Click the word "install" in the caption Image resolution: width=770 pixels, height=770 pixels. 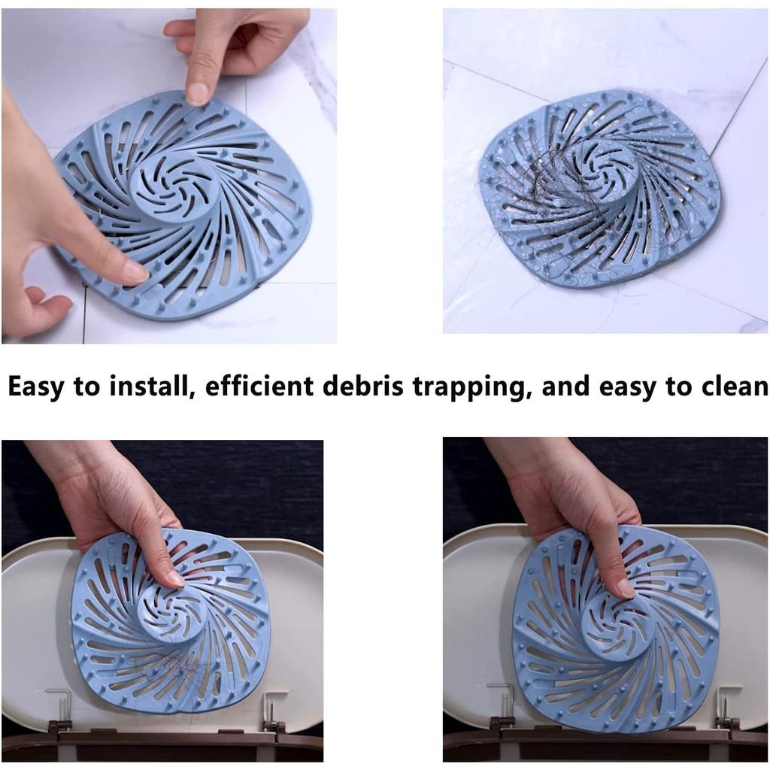(x=150, y=387)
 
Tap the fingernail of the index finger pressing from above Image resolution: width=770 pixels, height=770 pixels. (x=198, y=93)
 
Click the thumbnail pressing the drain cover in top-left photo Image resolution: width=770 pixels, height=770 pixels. (x=136, y=272)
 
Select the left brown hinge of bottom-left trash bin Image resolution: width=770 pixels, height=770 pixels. (x=60, y=726)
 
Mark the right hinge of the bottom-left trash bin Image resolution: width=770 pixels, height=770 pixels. (x=274, y=726)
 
